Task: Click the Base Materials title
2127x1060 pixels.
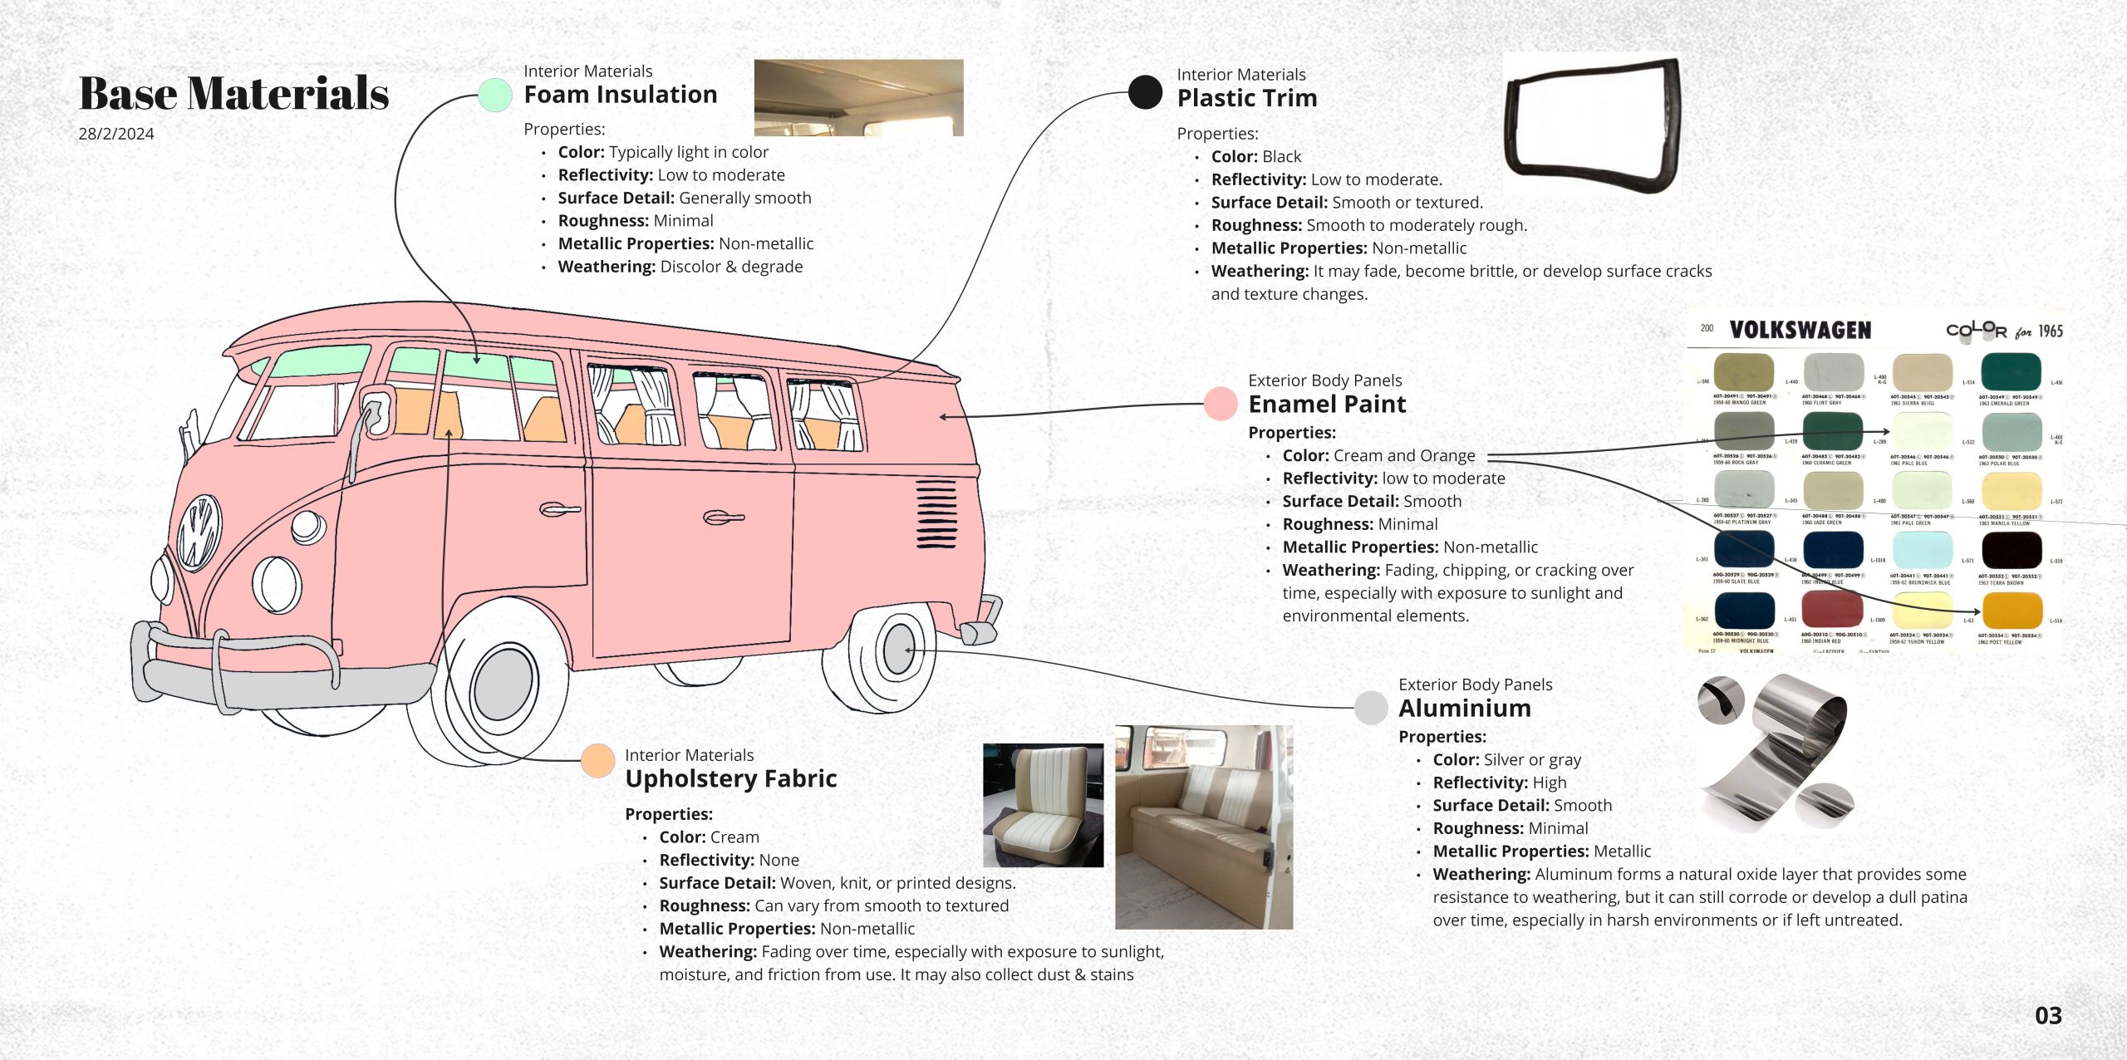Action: tap(233, 93)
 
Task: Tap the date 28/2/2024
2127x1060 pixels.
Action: tap(116, 134)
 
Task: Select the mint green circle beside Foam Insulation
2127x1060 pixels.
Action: tap(495, 96)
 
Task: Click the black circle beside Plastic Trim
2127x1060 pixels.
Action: tap(1145, 92)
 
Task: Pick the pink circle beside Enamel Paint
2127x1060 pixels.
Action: tap(1221, 404)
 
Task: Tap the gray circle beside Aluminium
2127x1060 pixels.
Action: tap(1371, 708)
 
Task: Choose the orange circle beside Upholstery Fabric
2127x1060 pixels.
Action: tap(597, 761)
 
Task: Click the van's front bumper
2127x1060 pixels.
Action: tap(274, 673)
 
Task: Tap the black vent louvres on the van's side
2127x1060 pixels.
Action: tap(936, 513)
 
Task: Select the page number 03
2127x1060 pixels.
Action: tap(2048, 1015)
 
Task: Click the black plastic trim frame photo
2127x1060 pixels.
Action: tap(1592, 125)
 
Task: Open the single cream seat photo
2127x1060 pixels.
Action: tap(1043, 805)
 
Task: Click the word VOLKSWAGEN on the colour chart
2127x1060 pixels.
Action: tap(1800, 331)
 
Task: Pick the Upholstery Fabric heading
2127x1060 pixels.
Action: tap(730, 778)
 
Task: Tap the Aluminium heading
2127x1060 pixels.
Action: tap(1464, 708)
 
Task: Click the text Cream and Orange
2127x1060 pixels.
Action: tap(1404, 455)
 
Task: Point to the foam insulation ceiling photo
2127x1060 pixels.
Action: tap(858, 97)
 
